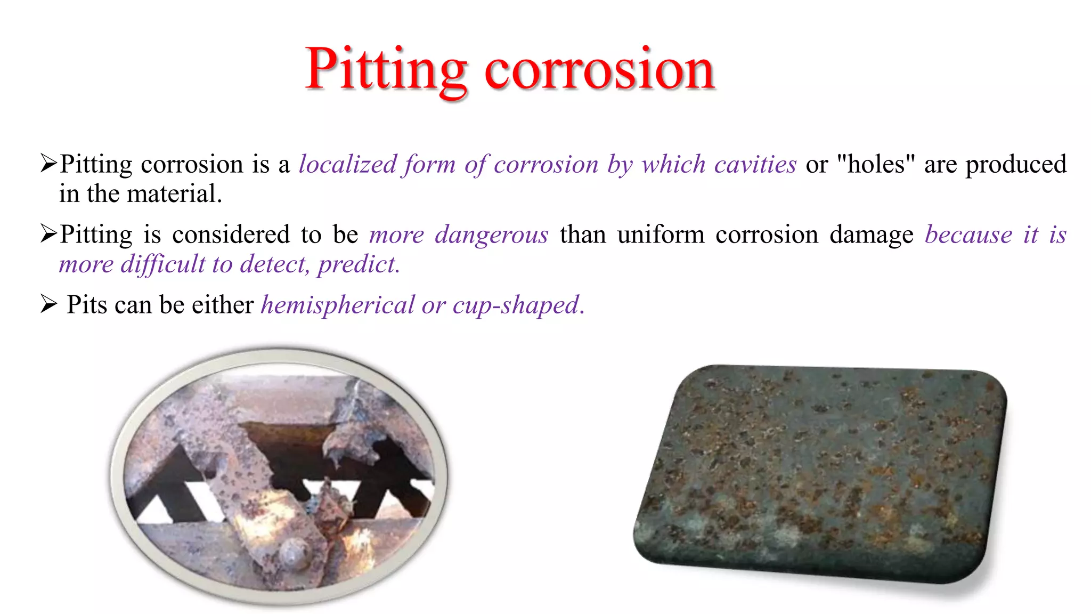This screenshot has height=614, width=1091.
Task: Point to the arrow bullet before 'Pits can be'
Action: pos(48,304)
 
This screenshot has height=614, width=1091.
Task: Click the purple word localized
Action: pos(348,164)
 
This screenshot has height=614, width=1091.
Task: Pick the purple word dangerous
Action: pos(491,235)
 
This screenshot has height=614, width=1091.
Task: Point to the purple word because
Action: pos(968,235)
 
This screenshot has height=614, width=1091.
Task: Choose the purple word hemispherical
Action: pos(337,305)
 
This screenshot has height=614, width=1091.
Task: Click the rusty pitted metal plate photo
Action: pos(820,472)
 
